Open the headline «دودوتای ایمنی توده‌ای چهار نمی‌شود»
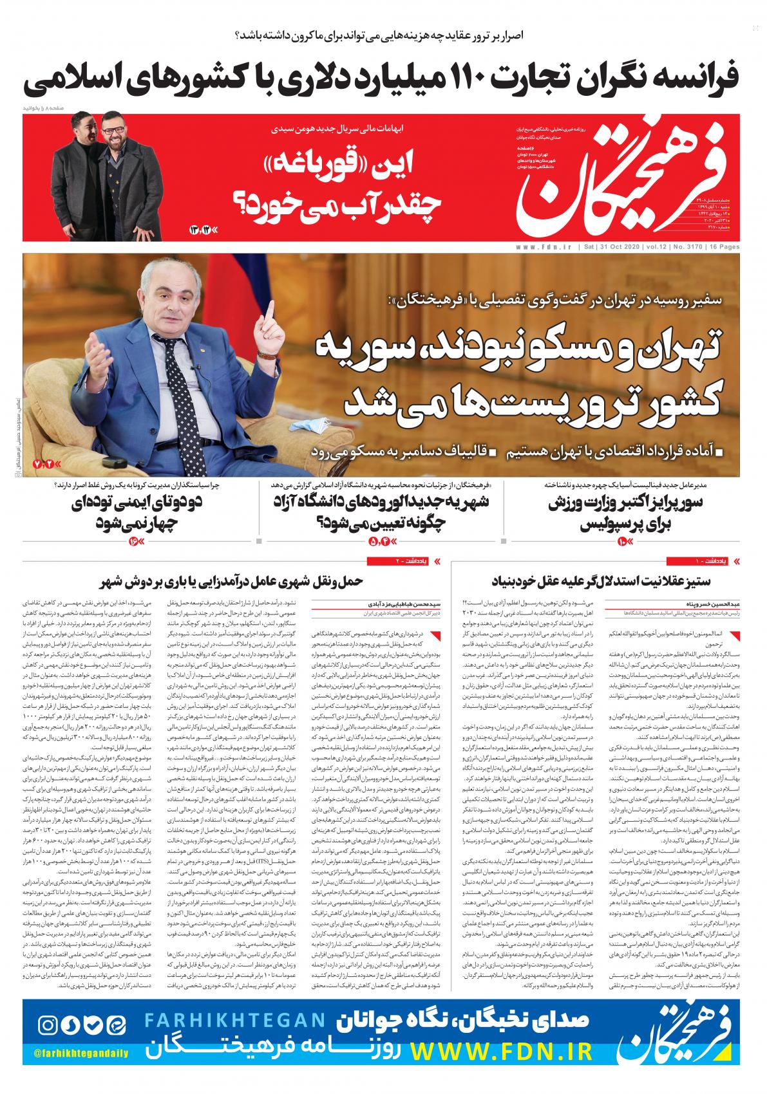(135, 515)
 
